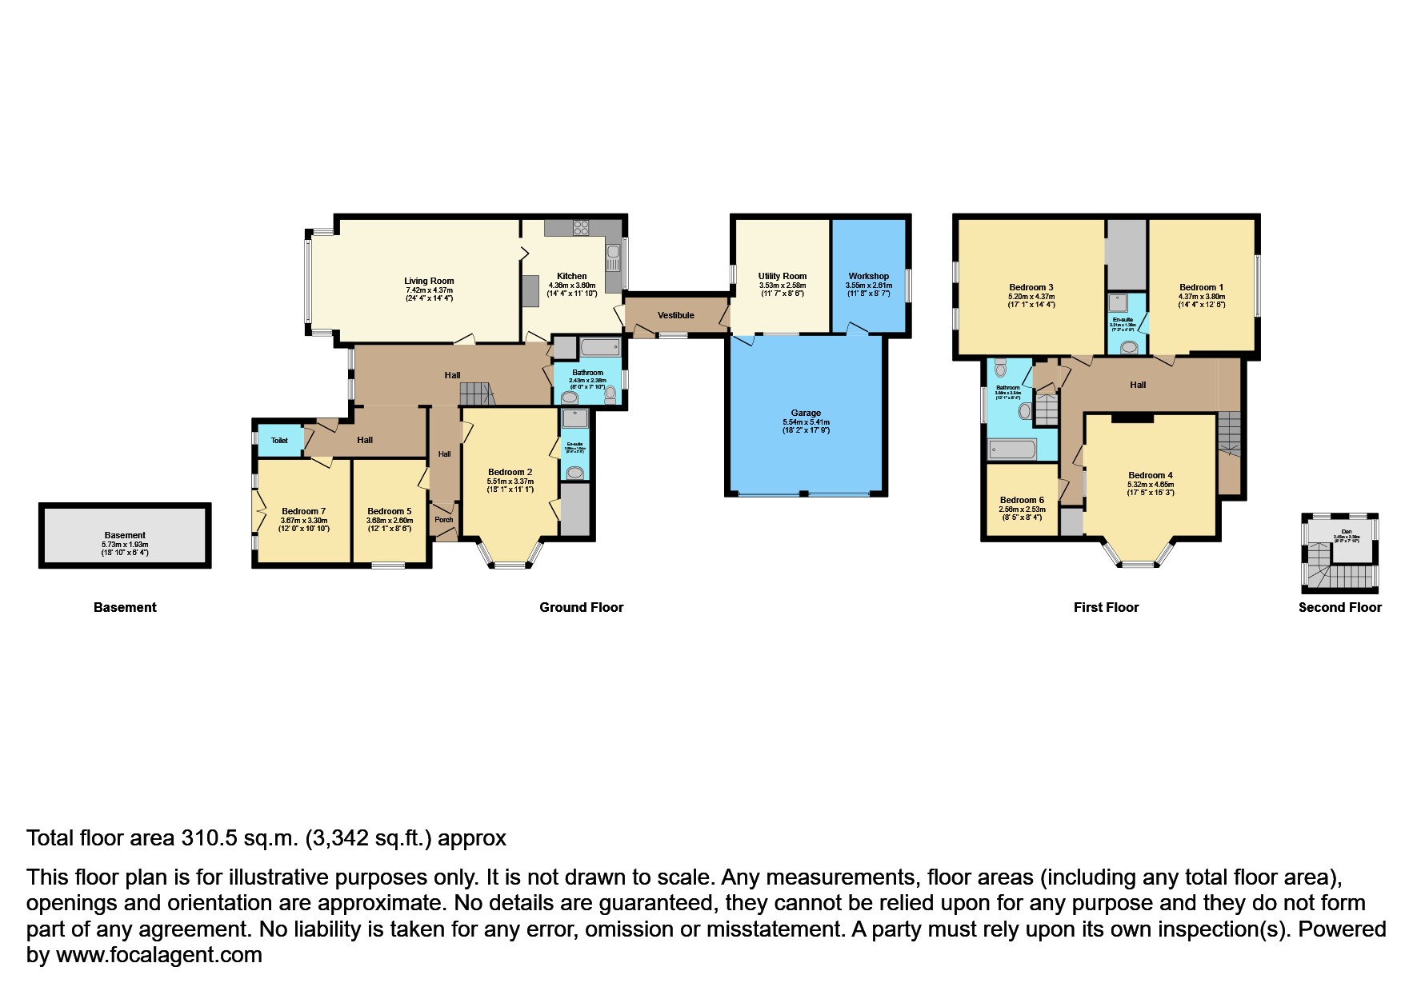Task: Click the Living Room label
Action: click(x=429, y=281)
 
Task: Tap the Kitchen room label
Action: click(x=571, y=276)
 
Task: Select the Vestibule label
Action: click(x=676, y=315)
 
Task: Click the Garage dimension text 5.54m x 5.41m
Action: click(x=806, y=422)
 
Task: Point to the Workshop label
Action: click(x=868, y=276)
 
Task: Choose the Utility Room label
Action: click(x=782, y=276)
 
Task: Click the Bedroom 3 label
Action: click(x=1031, y=287)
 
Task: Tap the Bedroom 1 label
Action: click(x=1201, y=287)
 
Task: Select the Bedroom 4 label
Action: click(x=1151, y=475)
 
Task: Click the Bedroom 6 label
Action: click(x=1022, y=500)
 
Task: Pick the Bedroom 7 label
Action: click(x=303, y=511)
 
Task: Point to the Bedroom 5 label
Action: click(x=390, y=511)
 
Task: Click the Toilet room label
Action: click(x=278, y=441)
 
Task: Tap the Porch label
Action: click(x=443, y=520)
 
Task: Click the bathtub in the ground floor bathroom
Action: click(x=598, y=348)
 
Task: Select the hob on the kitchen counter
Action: click(x=580, y=227)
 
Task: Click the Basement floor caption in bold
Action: click(x=125, y=607)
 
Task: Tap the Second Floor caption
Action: click(x=1339, y=607)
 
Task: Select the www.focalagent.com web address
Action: click(x=158, y=955)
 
